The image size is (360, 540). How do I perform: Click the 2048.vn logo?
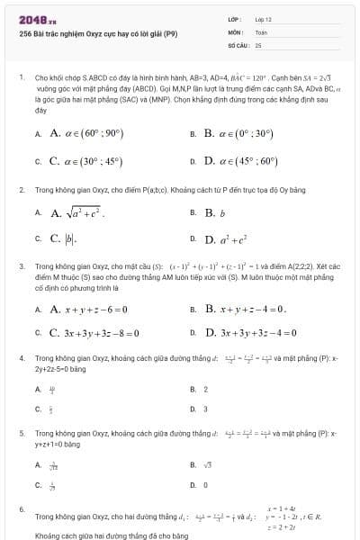click(x=31, y=19)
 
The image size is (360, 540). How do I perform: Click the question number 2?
click(x=21, y=191)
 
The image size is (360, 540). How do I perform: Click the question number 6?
click(x=21, y=509)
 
